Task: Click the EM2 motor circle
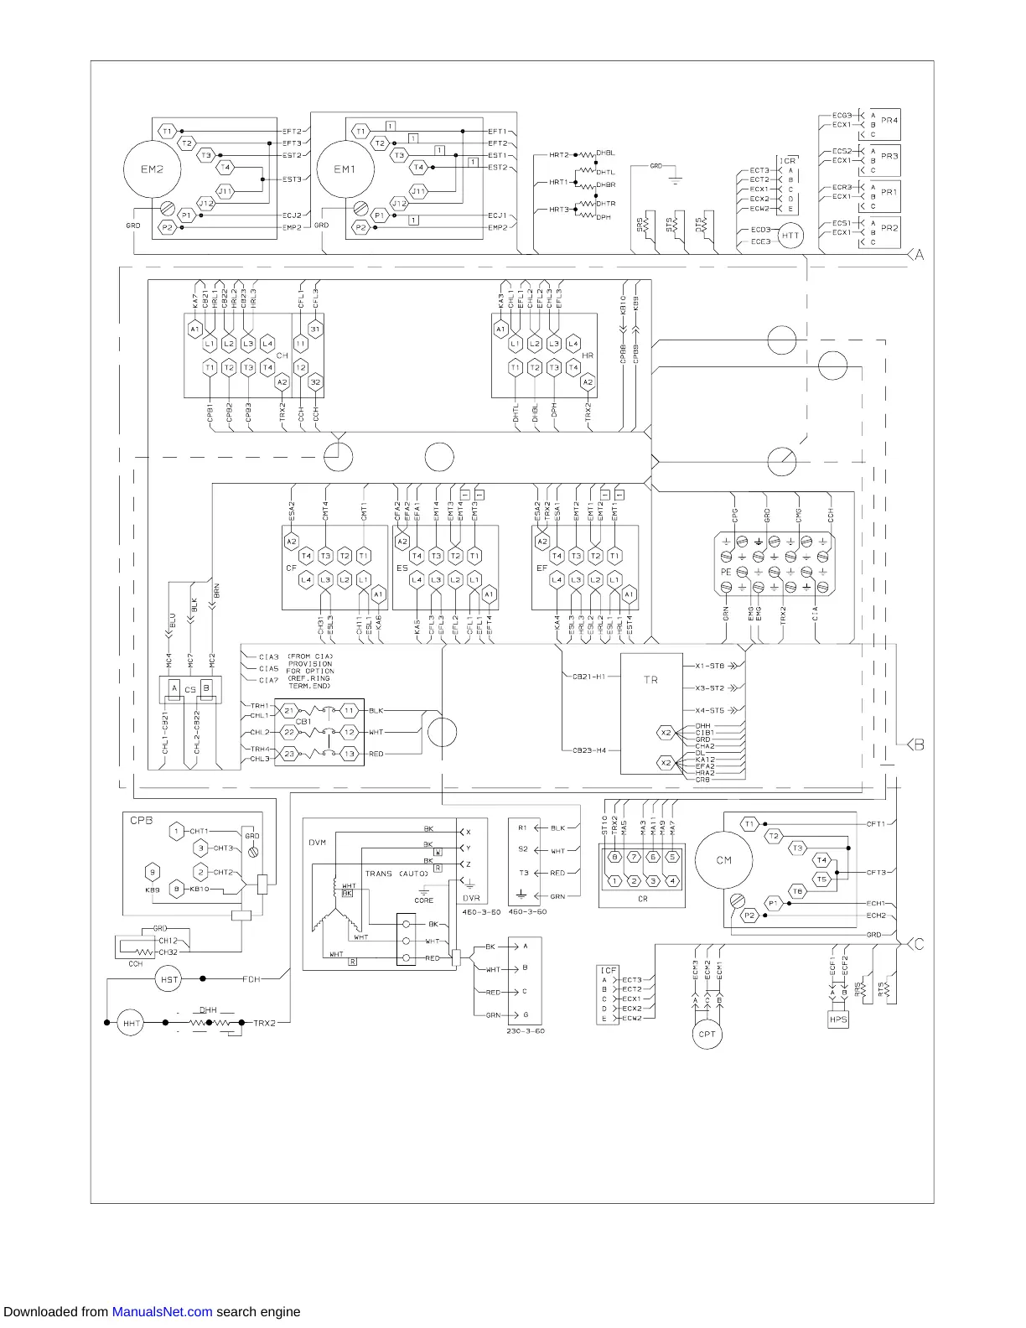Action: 152,169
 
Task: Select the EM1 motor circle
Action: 345,169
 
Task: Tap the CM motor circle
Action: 724,860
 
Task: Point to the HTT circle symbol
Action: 790,236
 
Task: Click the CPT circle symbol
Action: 707,1035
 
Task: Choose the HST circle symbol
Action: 169,979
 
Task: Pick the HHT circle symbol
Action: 131,1024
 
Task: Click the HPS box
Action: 838,1019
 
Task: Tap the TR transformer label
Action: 650,680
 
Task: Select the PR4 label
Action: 889,121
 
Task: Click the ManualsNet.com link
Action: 162,1312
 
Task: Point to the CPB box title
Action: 141,821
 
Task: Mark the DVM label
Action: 317,843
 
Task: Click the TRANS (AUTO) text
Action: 396,874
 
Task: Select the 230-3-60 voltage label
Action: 526,1031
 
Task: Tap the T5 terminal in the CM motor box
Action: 821,879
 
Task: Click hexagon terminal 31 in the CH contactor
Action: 315,329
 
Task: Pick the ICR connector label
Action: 788,161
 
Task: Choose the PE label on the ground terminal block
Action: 726,572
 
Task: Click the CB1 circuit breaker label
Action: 303,721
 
